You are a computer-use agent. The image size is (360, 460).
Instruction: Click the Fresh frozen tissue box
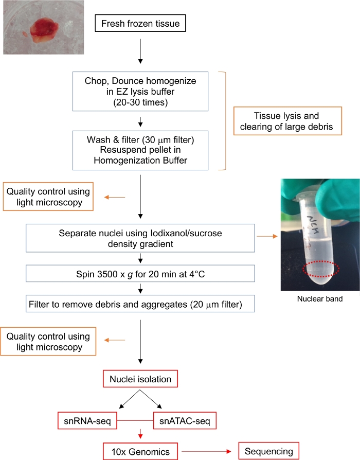pos(140,24)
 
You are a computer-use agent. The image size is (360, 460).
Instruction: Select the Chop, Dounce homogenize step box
pos(140,91)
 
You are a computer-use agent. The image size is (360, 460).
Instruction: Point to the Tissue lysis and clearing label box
pos(287,121)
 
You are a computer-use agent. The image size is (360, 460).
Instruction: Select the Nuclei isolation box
pos(140,380)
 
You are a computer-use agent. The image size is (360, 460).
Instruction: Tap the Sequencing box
pos(269,451)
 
